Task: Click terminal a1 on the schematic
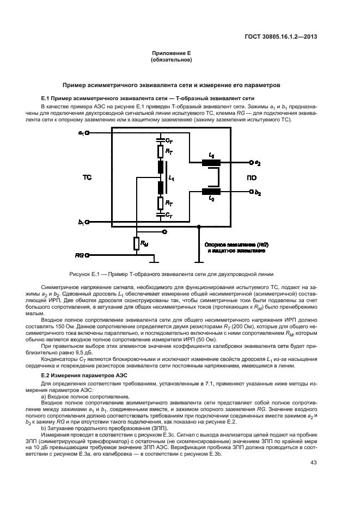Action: [x=87, y=132]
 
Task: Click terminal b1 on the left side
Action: [x=87, y=222]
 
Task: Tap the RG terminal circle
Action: [x=87, y=254]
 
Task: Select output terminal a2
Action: [x=251, y=162]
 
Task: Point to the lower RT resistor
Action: [x=160, y=203]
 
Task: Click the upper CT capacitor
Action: [x=160, y=139]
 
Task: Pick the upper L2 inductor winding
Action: [x=211, y=162]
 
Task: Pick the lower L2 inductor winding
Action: [x=211, y=191]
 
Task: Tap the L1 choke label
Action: [x=172, y=177]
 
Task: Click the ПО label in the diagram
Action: [x=252, y=177]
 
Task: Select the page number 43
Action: [x=313, y=463]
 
